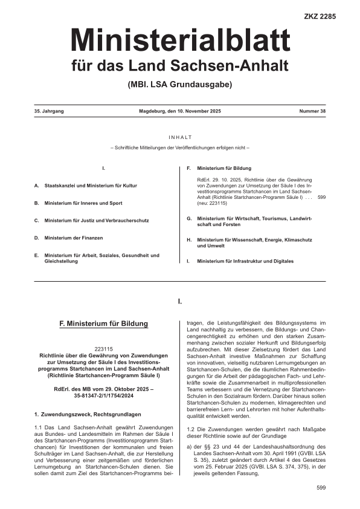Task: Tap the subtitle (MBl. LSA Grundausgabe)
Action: point(179,84)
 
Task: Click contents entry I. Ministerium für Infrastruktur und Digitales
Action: point(240,261)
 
